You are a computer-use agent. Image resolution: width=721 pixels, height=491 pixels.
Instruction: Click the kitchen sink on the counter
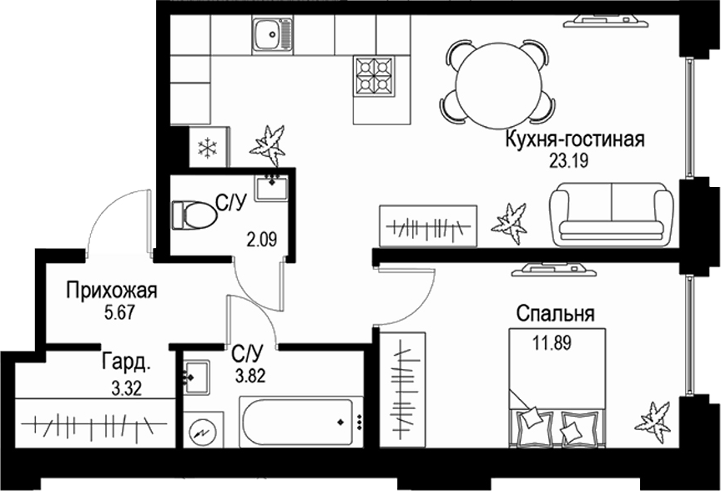(x=272, y=34)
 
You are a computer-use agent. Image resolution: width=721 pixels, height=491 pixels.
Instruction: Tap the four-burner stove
(x=373, y=75)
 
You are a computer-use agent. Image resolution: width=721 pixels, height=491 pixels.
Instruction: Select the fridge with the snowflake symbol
(x=205, y=149)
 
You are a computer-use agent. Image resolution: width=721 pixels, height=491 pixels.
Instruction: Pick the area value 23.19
(x=569, y=162)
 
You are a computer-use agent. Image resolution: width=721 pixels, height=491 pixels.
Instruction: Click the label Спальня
(x=555, y=314)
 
